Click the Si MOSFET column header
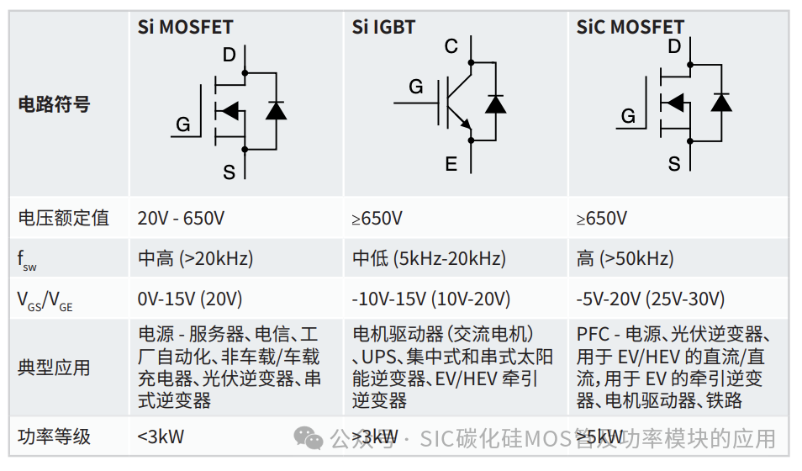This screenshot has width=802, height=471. [185, 27]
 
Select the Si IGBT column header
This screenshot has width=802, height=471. [383, 27]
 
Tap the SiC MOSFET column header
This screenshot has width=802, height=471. [630, 27]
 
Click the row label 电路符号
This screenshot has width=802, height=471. [54, 105]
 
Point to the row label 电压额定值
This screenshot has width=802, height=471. [64, 218]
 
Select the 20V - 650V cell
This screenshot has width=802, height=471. [181, 219]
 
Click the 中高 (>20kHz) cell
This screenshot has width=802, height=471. [195, 258]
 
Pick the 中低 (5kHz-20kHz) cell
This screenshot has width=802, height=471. [429, 258]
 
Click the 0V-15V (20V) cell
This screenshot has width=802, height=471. [190, 299]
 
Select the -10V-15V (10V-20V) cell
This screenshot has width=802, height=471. [431, 299]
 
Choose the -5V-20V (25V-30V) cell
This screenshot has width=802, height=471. [651, 299]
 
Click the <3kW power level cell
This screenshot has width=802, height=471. [161, 437]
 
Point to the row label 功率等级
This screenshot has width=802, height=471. [54, 437]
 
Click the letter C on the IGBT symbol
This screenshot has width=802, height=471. [451, 46]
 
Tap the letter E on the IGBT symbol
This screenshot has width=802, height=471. [451, 164]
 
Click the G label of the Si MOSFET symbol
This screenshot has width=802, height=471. [182, 125]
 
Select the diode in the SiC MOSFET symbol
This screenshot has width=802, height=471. [720, 102]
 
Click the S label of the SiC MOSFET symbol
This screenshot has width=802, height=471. [673, 164]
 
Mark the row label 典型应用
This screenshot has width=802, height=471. [54, 368]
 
